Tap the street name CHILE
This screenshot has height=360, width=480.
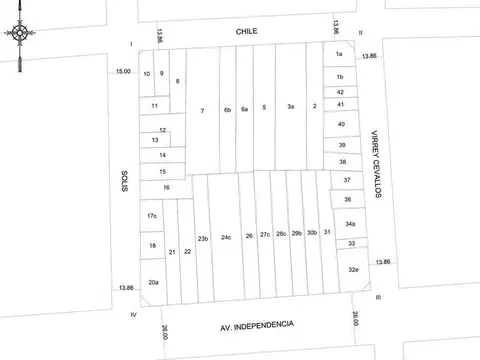tap(247, 31)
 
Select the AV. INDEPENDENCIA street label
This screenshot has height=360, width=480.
tap(257, 325)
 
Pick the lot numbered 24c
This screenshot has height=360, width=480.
tap(226, 237)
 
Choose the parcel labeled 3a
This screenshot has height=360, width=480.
tap(290, 107)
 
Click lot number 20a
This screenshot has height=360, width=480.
tap(153, 283)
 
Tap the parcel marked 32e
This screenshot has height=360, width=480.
tap(353, 269)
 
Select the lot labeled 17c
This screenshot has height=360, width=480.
tap(152, 216)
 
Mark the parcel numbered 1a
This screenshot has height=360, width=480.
tap(340, 53)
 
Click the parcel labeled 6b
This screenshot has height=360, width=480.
tap(227, 109)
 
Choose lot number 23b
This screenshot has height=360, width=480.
tap(203, 238)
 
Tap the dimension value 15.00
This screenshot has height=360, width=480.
tap(122, 71)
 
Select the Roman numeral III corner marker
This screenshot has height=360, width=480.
tap(379, 297)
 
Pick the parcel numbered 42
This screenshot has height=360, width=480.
tap(340, 92)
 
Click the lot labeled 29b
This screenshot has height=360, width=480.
tap(297, 233)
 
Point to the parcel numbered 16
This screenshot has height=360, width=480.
tap(166, 187)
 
